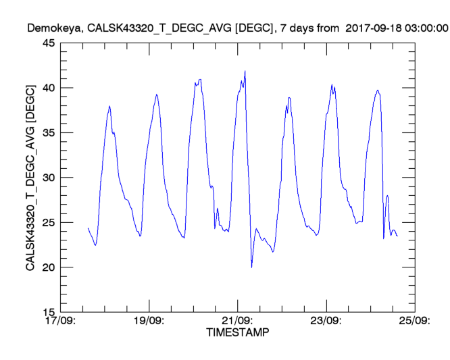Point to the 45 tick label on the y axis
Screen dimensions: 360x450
[x=49, y=43]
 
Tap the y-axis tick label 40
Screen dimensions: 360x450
[x=49, y=88]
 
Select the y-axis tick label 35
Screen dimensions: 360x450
[x=49, y=133]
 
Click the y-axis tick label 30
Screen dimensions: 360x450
[x=49, y=178]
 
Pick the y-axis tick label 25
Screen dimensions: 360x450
[x=49, y=223]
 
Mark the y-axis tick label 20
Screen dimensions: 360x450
[x=49, y=267]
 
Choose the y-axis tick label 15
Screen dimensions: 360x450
[x=49, y=312]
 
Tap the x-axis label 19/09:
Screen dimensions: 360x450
[x=149, y=321]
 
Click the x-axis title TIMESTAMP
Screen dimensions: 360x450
[x=236, y=333]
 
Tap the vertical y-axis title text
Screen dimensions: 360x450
[x=30, y=178]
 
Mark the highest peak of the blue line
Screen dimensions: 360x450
[x=245, y=71]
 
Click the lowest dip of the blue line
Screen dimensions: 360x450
[x=251, y=267]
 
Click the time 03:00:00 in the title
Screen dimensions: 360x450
[x=424, y=28]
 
